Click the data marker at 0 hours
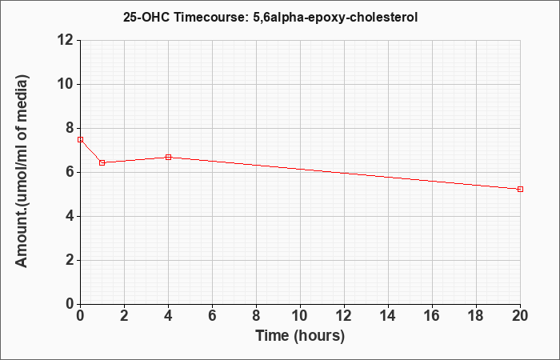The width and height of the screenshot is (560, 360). [x=80, y=139]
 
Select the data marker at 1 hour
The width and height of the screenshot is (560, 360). [x=102, y=163]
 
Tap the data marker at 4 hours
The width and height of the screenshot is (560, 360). [x=168, y=157]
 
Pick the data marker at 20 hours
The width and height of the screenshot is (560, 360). [x=520, y=189]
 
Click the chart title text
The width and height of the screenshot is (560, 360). [x=270, y=17]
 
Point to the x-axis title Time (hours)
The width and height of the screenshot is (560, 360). [x=300, y=336]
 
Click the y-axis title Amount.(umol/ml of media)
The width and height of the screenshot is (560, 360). [x=22, y=171]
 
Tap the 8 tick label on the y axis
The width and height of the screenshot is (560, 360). [x=70, y=128]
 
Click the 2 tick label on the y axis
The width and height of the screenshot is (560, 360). [x=70, y=260]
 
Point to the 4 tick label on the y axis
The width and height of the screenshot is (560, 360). [x=70, y=217]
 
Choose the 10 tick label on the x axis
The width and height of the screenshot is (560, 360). [x=300, y=316]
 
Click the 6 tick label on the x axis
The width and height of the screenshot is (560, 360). [x=212, y=316]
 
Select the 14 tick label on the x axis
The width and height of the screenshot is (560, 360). [x=388, y=316]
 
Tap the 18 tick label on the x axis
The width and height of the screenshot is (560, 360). [x=476, y=316]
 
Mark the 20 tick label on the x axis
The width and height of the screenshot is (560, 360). [x=520, y=316]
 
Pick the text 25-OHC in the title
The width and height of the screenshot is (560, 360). [x=146, y=17]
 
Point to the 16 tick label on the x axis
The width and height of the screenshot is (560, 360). [x=432, y=316]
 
